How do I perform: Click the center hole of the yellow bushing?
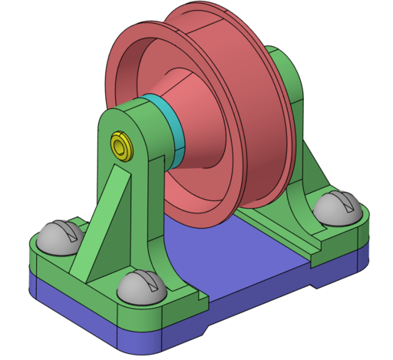[x=120, y=144]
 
